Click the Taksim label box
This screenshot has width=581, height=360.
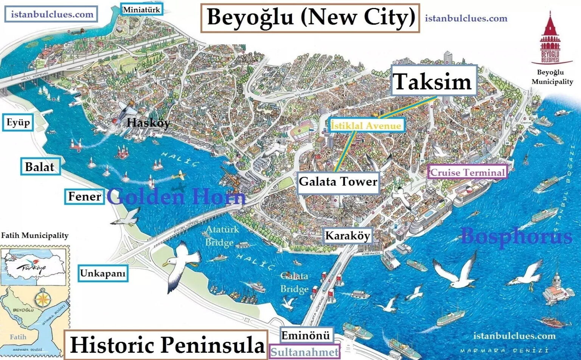pos(433,82)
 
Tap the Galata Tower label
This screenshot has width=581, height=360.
pos(338,182)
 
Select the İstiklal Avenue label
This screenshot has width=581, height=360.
pos(366,125)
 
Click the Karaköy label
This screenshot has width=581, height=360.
pos(347,236)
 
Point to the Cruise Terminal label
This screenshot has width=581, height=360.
pos(468,173)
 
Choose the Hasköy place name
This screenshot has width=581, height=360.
pos(148,123)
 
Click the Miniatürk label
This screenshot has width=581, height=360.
pos(141,9)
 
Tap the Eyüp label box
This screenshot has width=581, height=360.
pos(18,123)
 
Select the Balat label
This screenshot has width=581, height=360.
pos(39,167)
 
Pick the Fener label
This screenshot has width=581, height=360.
pos(84,196)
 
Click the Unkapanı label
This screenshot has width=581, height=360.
pos(103,273)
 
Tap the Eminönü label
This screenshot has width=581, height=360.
pos(306,335)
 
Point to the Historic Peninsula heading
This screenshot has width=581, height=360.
pos(166,345)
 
